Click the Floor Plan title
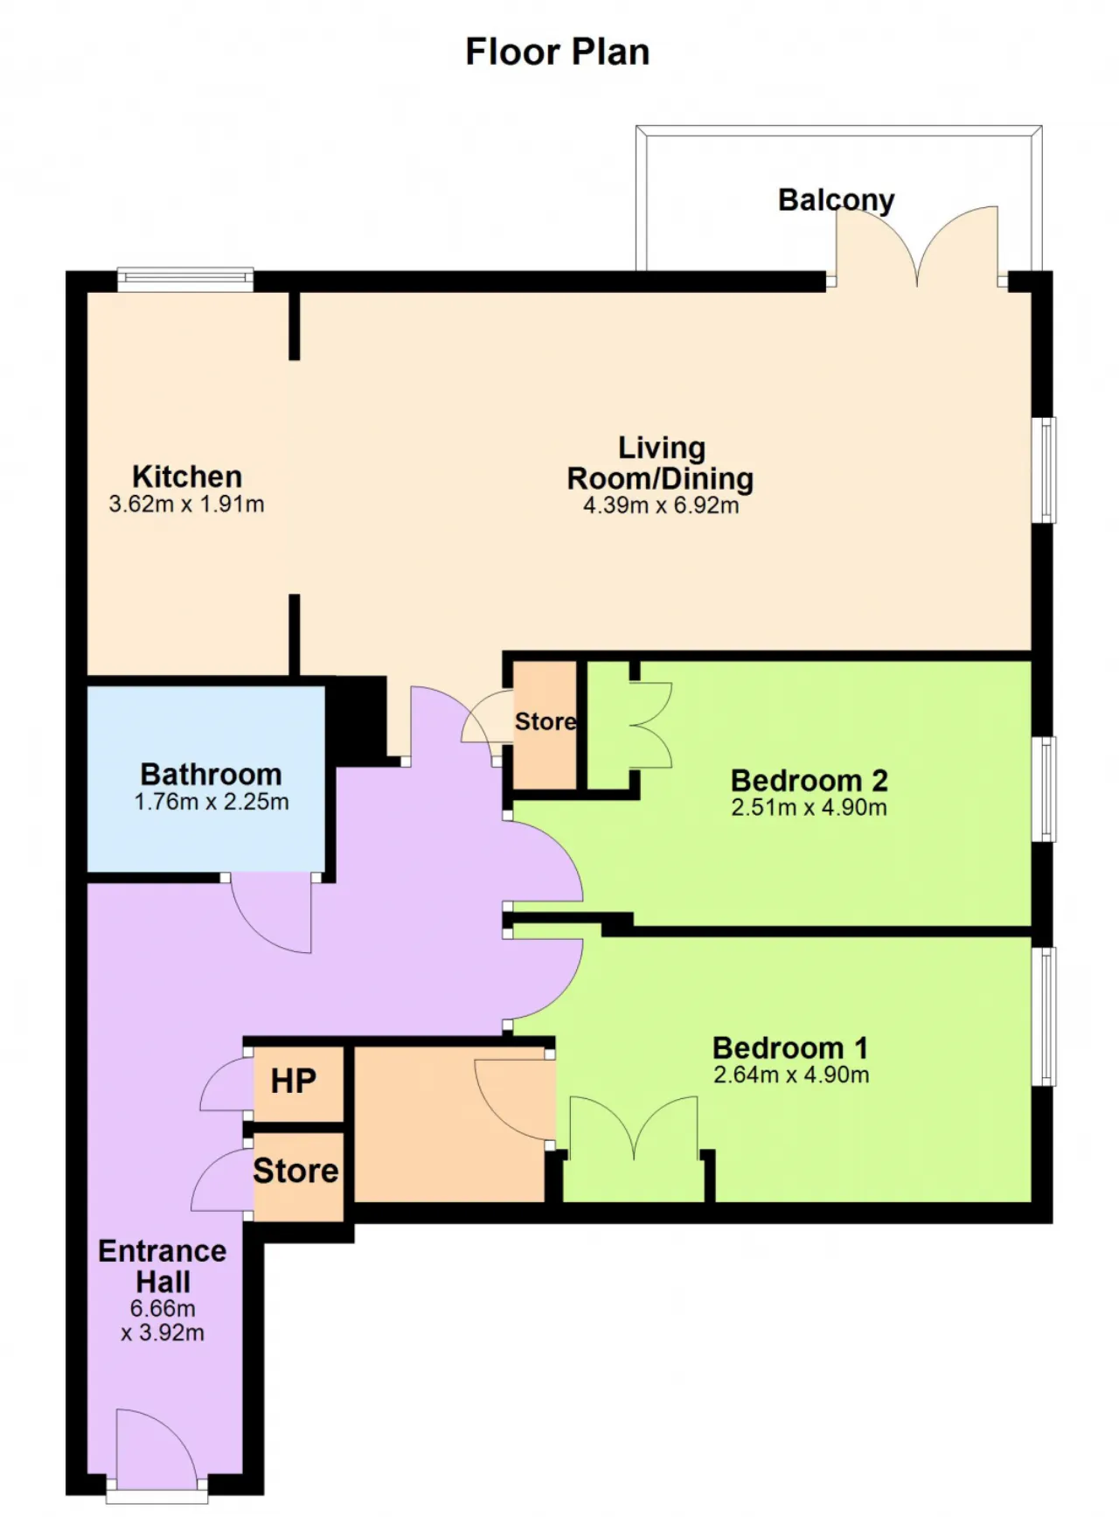(x=558, y=52)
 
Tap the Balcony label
(x=837, y=200)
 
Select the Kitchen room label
(x=187, y=477)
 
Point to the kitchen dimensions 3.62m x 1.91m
(x=186, y=505)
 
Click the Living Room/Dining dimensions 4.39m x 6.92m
(x=661, y=505)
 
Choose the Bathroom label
(x=211, y=774)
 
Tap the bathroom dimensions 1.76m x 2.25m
(x=211, y=802)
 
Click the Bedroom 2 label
(x=810, y=780)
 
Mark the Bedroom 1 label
(x=790, y=1047)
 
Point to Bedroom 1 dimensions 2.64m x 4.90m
(x=791, y=1075)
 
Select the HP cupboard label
(x=293, y=1082)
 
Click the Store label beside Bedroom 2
(x=546, y=721)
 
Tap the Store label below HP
(x=295, y=1171)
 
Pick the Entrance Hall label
(x=163, y=1266)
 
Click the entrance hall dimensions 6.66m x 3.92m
(x=163, y=1320)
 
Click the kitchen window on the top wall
(x=185, y=279)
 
